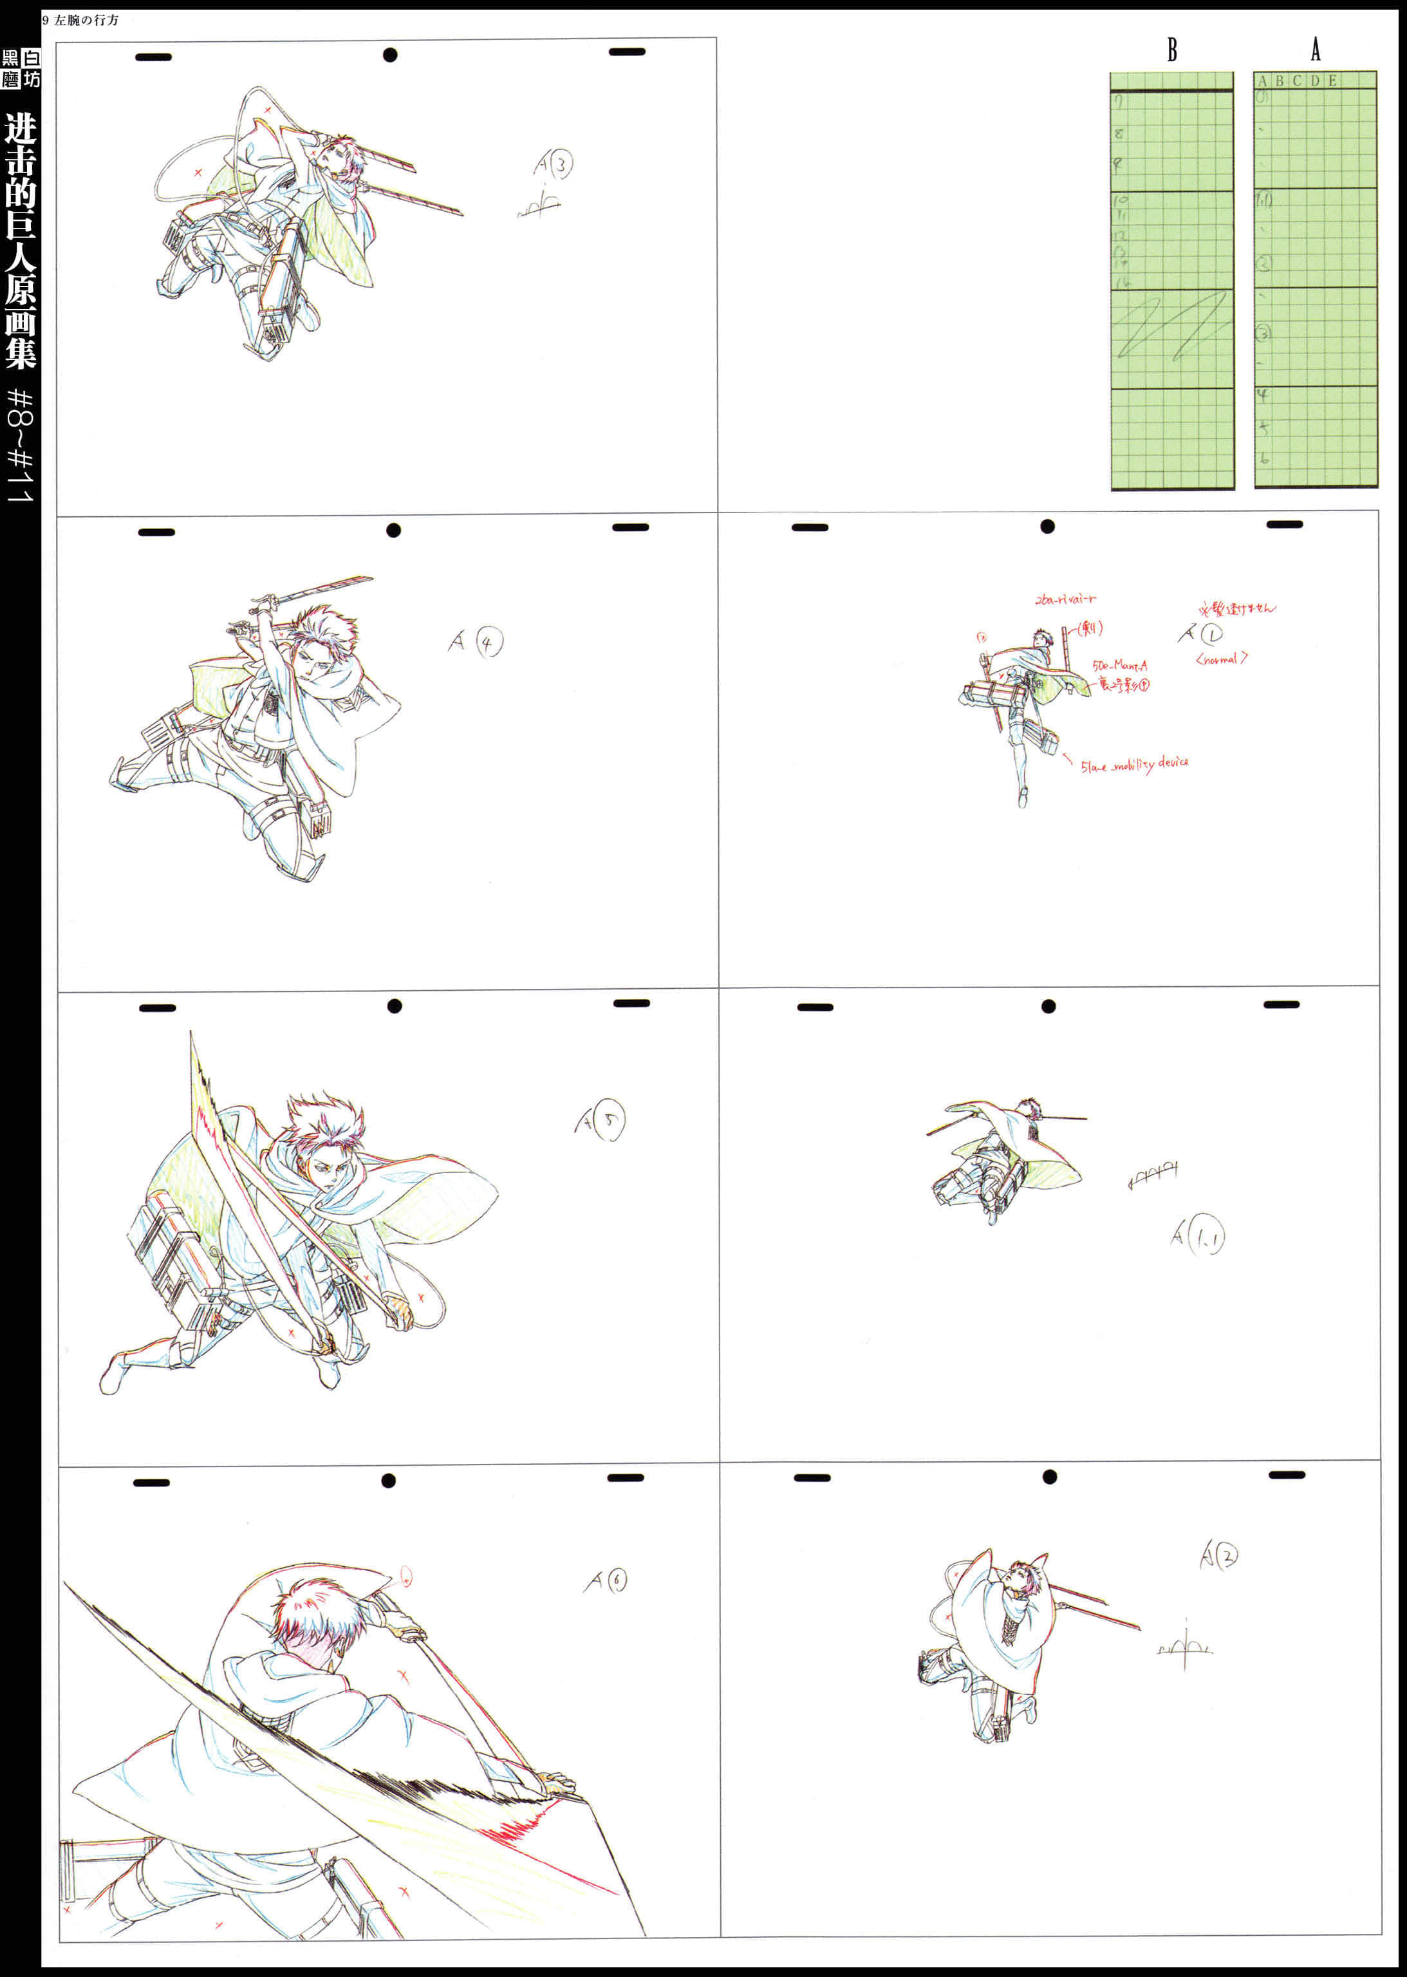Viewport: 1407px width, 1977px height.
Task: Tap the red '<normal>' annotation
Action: [1222, 659]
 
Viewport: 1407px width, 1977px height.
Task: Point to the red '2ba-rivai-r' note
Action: [1065, 599]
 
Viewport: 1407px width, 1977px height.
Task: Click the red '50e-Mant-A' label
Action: [1119, 666]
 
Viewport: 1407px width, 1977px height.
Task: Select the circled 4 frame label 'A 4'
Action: [476, 642]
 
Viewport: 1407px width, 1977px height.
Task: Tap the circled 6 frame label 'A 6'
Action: [606, 1581]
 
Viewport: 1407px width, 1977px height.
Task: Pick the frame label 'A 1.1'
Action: [1197, 1236]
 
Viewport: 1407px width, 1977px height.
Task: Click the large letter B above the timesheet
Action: [1171, 50]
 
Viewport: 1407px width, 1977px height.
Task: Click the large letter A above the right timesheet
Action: [1315, 50]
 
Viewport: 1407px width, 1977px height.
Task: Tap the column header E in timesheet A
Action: [1332, 80]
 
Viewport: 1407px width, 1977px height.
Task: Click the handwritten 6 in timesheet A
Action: [1264, 458]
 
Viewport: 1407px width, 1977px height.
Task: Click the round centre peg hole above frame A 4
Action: [393, 530]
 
